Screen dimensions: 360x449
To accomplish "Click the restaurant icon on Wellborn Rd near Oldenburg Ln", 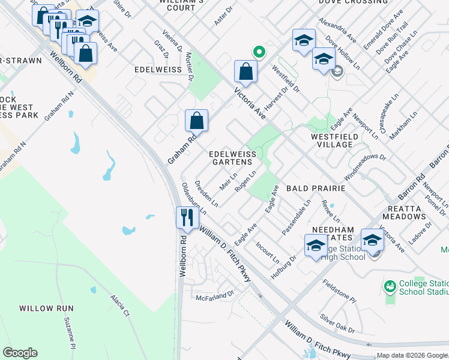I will pyautogui.click(x=187, y=217).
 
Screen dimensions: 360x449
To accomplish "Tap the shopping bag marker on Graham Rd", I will pyautogui.click(x=196, y=121).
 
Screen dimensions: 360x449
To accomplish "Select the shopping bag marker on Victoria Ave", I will pyautogui.click(x=246, y=71).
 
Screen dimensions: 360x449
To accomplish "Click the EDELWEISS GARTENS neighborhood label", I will pyautogui.click(x=232, y=158).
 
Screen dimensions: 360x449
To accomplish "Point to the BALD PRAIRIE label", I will pyautogui.click(x=316, y=188).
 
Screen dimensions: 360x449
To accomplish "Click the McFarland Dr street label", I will pyautogui.click(x=214, y=296).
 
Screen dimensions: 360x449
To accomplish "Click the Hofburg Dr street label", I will pyautogui.click(x=284, y=268).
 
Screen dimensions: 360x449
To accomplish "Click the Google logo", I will pyautogui.click(x=20, y=353).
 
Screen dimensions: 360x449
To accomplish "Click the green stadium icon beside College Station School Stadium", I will pyautogui.click(x=390, y=287).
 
